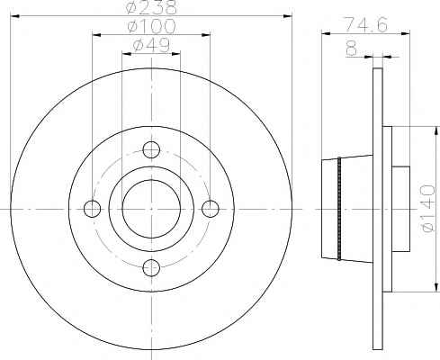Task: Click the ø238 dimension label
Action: (x=151, y=7)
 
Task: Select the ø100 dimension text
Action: (x=151, y=26)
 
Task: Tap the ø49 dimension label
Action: (x=151, y=46)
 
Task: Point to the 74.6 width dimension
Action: (x=365, y=24)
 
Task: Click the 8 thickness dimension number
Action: (x=352, y=49)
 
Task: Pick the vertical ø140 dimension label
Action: (x=427, y=209)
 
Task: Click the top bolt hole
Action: (x=151, y=149)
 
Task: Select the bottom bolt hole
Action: (x=151, y=268)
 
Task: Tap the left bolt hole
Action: (x=92, y=209)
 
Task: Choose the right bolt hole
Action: (x=211, y=209)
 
